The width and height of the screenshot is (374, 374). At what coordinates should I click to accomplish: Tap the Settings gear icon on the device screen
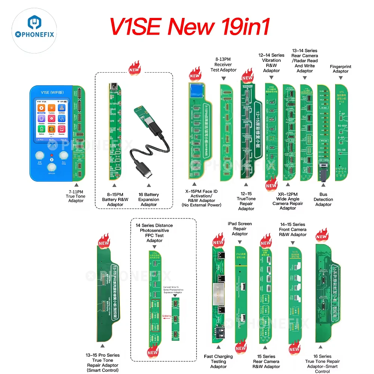tap(42, 108)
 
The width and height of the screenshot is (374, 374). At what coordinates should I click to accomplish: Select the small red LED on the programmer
tap(52, 155)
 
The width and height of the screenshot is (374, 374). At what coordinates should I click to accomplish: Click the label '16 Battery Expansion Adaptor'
tap(149, 199)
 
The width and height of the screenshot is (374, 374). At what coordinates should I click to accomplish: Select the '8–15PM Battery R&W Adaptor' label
tap(115, 199)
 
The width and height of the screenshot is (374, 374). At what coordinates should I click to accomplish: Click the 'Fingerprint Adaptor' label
tap(340, 69)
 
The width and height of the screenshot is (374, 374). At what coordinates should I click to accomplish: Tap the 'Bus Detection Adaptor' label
tap(323, 199)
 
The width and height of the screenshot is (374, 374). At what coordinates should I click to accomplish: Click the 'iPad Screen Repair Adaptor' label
tap(240, 229)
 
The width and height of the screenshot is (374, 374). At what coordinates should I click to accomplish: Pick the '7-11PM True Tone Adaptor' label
tap(76, 196)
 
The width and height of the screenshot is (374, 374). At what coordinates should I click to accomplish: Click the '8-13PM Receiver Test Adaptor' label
tap(223, 64)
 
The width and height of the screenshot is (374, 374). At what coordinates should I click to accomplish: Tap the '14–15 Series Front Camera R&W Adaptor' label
tap(293, 229)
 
